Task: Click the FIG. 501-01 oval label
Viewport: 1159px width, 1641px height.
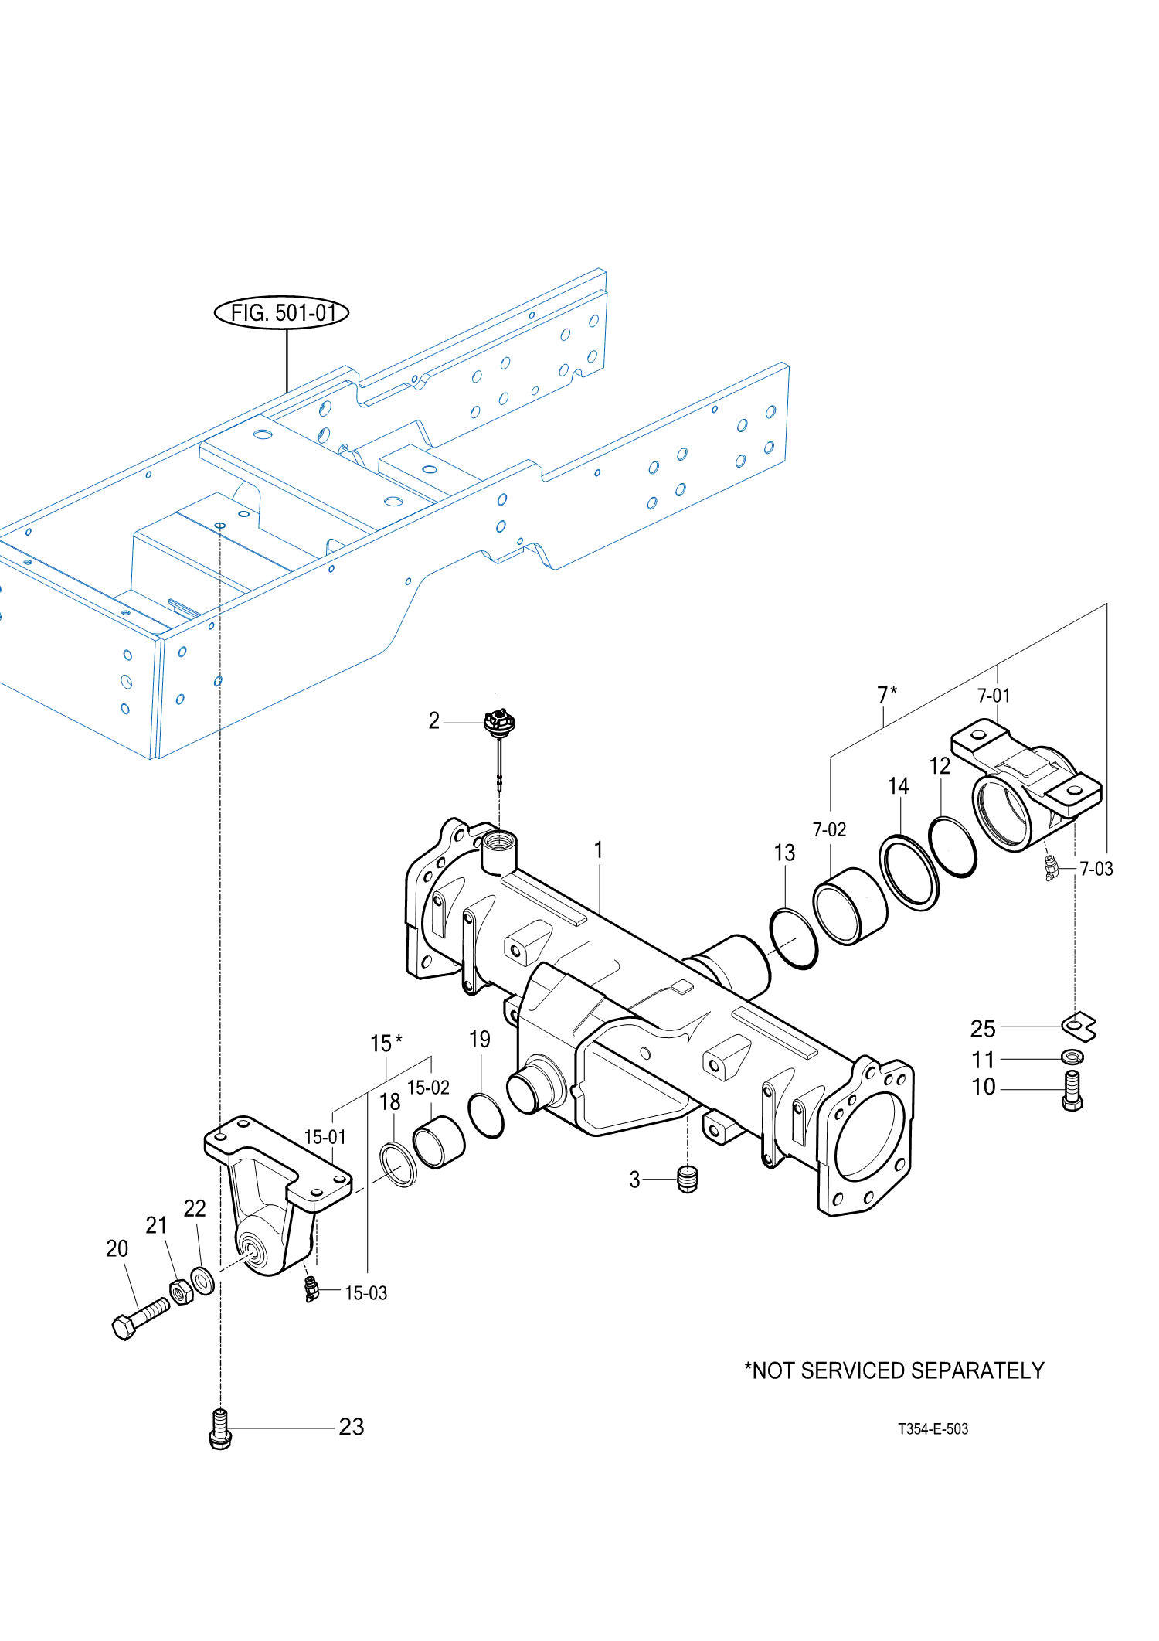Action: pyautogui.click(x=281, y=312)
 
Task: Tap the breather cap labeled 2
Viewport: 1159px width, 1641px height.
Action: pyautogui.click(x=499, y=724)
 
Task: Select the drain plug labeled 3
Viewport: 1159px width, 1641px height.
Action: pyautogui.click(x=687, y=1179)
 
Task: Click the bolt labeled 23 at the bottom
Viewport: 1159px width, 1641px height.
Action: pyautogui.click(x=220, y=1429)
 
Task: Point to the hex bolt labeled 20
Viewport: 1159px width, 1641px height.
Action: pyautogui.click(x=140, y=1318)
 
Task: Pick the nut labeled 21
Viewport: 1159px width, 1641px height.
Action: pyautogui.click(x=181, y=1291)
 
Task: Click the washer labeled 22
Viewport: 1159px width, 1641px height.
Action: pyautogui.click(x=202, y=1280)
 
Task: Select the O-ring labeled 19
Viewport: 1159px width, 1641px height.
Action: pyautogui.click(x=486, y=1116)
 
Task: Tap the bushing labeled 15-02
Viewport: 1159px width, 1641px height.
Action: pyautogui.click(x=439, y=1142)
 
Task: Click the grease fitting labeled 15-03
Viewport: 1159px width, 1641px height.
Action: pyautogui.click(x=311, y=1289)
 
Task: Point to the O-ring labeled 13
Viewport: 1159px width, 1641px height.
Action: pyautogui.click(x=794, y=938)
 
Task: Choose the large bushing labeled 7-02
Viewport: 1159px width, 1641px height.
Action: pyautogui.click(x=850, y=906)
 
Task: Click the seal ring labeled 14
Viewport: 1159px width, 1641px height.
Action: pyautogui.click(x=909, y=873)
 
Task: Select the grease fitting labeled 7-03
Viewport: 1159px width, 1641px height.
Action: pyautogui.click(x=1051, y=868)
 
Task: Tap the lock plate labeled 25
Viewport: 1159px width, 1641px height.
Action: pyautogui.click(x=1079, y=1026)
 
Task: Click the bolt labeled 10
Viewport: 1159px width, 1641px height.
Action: pyautogui.click(x=1072, y=1091)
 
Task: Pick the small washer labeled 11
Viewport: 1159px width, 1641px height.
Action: pyautogui.click(x=1072, y=1056)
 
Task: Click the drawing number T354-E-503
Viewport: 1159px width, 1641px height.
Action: pyautogui.click(x=933, y=1429)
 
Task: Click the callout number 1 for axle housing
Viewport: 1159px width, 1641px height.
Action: pyautogui.click(x=598, y=850)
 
